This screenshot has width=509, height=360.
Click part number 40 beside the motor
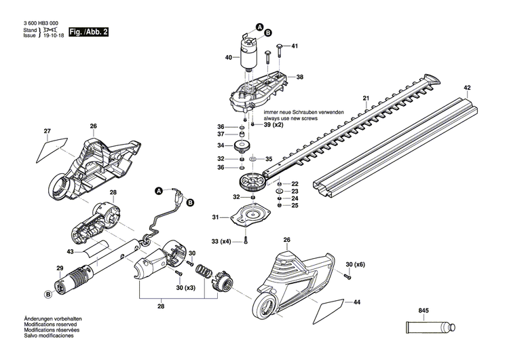coord(229,58)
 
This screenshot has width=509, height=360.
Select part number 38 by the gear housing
coord(299,77)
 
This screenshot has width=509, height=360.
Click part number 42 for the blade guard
coord(467,88)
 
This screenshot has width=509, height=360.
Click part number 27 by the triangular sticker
coord(48,131)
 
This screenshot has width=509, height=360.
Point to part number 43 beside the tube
coord(70,252)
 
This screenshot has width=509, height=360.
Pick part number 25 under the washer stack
coord(295,205)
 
